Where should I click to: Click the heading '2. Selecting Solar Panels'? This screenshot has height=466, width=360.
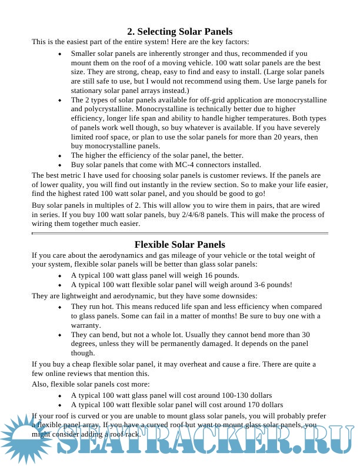tap(179, 32)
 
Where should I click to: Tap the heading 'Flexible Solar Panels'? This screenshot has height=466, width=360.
tap(179, 245)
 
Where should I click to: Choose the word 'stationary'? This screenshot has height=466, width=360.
tap(89, 91)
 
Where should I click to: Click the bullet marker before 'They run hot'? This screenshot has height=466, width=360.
tap(60, 307)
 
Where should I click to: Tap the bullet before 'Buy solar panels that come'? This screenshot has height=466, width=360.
tap(60, 165)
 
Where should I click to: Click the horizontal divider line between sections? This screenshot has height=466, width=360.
tap(179, 234)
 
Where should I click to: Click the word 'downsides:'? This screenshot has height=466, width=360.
tap(238, 295)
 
